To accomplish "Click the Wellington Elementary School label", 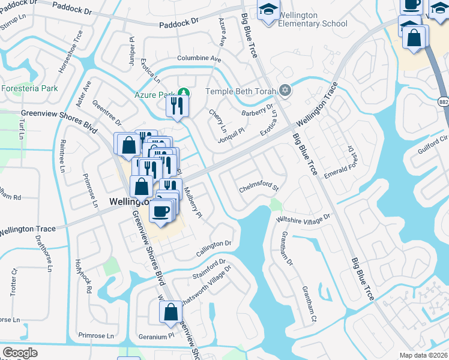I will coord(309,24).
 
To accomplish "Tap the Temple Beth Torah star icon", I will coord(285,91).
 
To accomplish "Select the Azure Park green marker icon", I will coord(185,93).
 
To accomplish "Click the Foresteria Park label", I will coord(29,88).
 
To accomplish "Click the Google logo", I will coord(20,353).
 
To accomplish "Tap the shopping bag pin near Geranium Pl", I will coord(170,312).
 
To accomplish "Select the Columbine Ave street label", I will coord(199,59).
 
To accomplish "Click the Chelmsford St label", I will coord(259,187).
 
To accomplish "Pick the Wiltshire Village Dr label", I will coord(303,218).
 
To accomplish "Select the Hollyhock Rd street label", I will coord(82,275).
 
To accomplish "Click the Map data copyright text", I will coord(424,355).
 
